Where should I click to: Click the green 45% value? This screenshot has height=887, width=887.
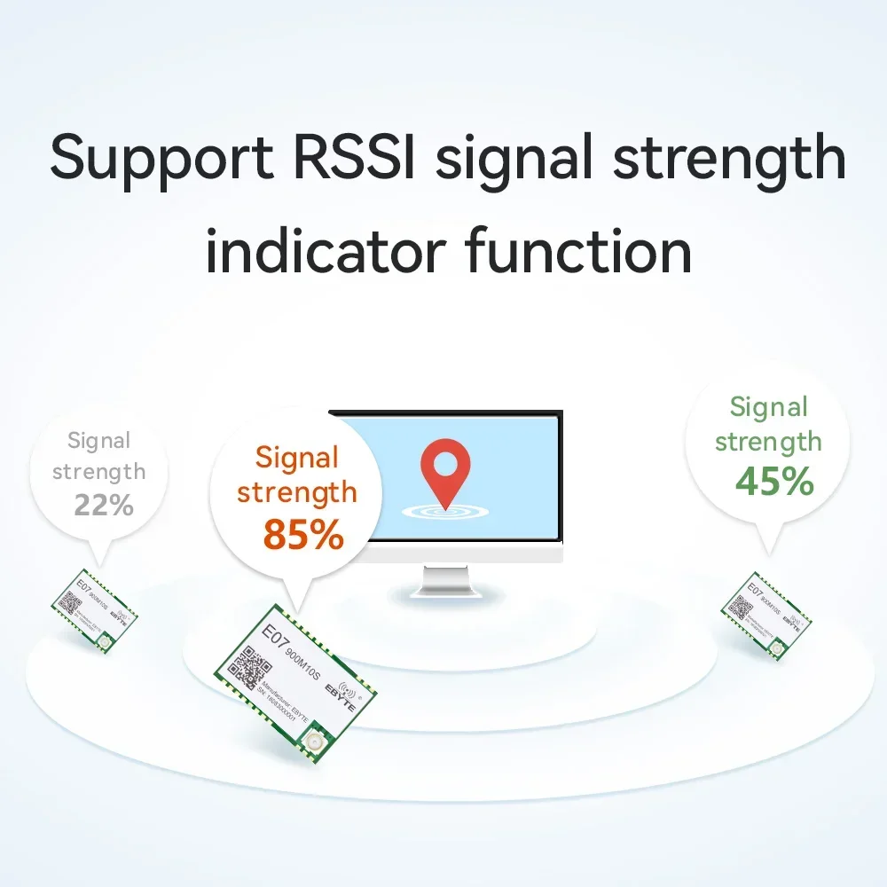pos(773,481)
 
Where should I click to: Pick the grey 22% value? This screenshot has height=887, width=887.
pos(104,506)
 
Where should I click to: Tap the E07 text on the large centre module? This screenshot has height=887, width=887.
pos(271,636)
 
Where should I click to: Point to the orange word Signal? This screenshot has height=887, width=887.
pos(297,458)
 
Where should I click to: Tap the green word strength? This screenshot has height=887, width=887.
pos(768,442)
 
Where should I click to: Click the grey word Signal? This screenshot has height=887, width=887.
pos(98,440)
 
